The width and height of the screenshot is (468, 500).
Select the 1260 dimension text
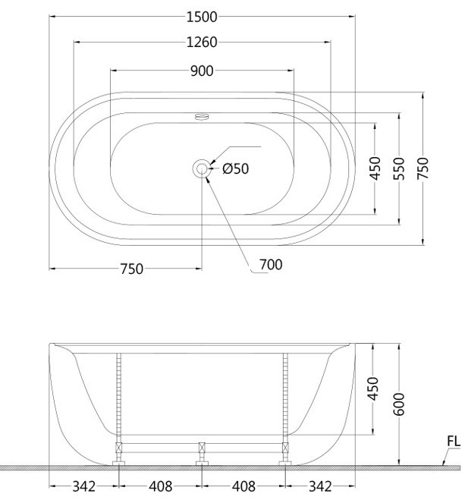click(202, 42)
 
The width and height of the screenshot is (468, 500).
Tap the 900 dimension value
click(202, 71)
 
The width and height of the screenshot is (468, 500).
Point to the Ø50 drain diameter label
click(235, 168)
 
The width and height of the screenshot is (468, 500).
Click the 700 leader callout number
click(270, 265)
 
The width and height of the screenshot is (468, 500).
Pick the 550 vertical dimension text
click(399, 168)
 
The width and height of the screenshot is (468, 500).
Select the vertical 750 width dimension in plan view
click(423, 168)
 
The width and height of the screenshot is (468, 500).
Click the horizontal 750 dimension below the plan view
click(131, 269)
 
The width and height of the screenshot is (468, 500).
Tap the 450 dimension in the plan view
click(375, 168)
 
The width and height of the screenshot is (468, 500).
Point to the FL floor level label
click(453, 441)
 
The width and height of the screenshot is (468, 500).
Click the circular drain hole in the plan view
click(202, 168)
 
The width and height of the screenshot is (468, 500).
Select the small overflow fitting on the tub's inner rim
click(202, 117)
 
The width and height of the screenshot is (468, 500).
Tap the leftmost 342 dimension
click(83, 486)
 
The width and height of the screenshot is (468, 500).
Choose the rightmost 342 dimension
click(319, 486)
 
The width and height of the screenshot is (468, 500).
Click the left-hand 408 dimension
click(160, 486)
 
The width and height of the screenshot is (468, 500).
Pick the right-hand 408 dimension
click(243, 486)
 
